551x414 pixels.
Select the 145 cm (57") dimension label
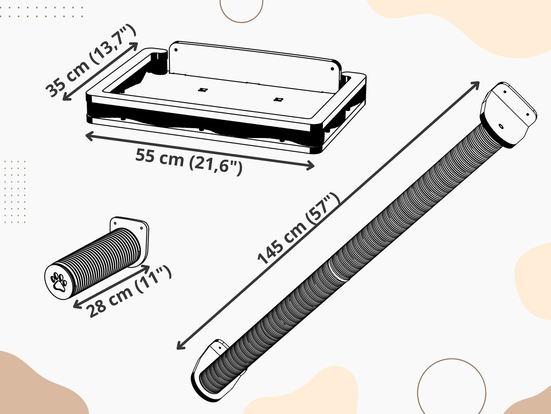299,229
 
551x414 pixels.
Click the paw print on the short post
59,282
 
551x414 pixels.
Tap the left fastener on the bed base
202,90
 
